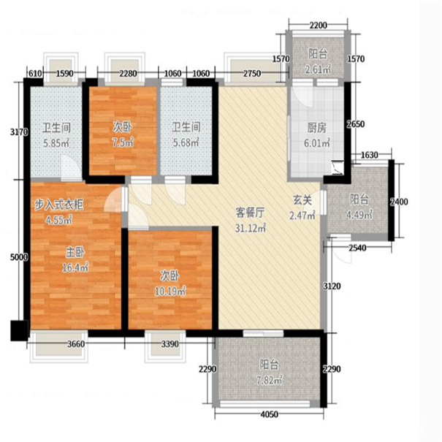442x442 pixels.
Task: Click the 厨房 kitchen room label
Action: pyautogui.click(x=317, y=129)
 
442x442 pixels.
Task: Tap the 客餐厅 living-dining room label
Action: pyautogui.click(x=250, y=213)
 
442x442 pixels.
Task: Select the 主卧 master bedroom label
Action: pyautogui.click(x=75, y=252)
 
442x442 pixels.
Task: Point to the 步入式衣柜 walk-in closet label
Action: pyautogui.click(x=59, y=205)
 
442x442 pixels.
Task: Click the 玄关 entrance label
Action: pyautogui.click(x=302, y=200)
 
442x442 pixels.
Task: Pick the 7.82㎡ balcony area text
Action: pyautogui.click(x=269, y=381)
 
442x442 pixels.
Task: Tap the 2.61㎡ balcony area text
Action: pyautogui.click(x=318, y=69)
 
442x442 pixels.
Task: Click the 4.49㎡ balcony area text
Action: pyautogui.click(x=359, y=215)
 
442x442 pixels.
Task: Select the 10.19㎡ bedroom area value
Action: pyautogui.click(x=170, y=292)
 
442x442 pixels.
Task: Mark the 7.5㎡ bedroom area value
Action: pyautogui.click(x=123, y=142)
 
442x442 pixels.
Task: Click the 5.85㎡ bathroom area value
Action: pyautogui.click(x=56, y=143)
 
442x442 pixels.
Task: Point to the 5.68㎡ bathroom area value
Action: pyautogui.click(x=186, y=142)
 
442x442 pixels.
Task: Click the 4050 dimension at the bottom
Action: pyautogui.click(x=269, y=414)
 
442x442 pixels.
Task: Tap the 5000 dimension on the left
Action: pyautogui.click(x=19, y=257)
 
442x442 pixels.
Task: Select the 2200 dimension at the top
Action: pyautogui.click(x=319, y=26)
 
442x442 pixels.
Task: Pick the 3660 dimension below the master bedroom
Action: pyautogui.click(x=77, y=344)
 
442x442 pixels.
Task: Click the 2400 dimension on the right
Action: pyautogui.click(x=399, y=202)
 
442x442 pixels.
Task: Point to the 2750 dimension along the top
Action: pyautogui.click(x=252, y=74)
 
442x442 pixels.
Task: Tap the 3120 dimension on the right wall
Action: pyautogui.click(x=332, y=286)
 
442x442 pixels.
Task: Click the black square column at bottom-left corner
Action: pyautogui.click(x=19, y=331)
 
